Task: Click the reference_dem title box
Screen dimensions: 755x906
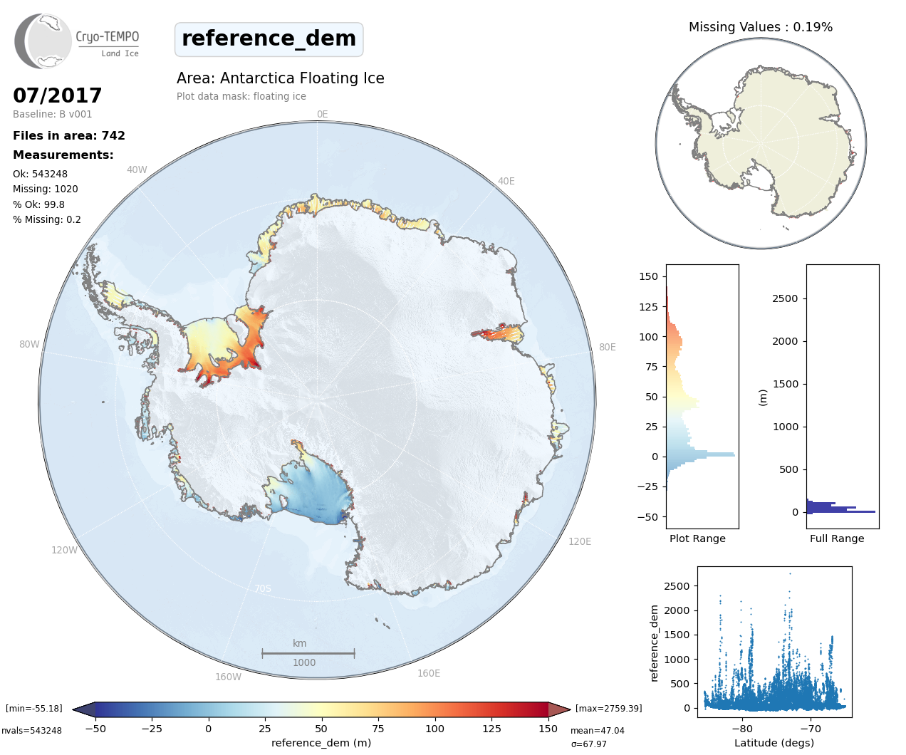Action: click(269, 38)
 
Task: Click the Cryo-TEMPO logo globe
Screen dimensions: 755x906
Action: click(43, 41)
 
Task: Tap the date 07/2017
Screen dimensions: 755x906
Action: click(58, 95)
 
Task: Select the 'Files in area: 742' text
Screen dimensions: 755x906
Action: click(69, 135)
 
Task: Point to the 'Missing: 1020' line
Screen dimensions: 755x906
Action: click(46, 189)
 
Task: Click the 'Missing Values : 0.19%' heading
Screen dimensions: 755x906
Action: click(760, 27)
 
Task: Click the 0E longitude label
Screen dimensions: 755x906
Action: click(322, 114)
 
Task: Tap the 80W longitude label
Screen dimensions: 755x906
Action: click(29, 344)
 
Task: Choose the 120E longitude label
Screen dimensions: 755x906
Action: click(579, 541)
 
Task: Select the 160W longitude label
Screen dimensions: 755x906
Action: click(228, 677)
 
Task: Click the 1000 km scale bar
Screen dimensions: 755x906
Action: click(308, 653)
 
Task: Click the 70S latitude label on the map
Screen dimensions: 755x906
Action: click(263, 588)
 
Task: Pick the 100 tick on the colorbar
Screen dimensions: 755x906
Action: click(434, 729)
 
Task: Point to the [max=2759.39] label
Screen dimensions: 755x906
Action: click(608, 709)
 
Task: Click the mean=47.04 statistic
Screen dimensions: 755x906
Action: click(597, 731)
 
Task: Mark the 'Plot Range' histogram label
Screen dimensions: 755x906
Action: click(697, 538)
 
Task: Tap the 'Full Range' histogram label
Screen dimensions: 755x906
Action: click(837, 538)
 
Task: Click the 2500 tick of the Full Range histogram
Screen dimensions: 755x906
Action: click(785, 298)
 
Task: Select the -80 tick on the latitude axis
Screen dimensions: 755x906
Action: click(741, 729)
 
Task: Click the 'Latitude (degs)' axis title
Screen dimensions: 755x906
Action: click(774, 743)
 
